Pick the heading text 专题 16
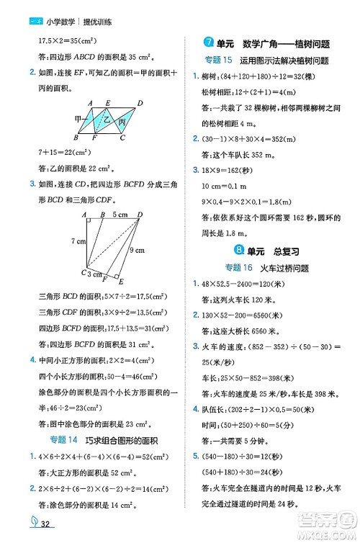point(232,268)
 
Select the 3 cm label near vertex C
point(94,274)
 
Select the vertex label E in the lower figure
point(120,282)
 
